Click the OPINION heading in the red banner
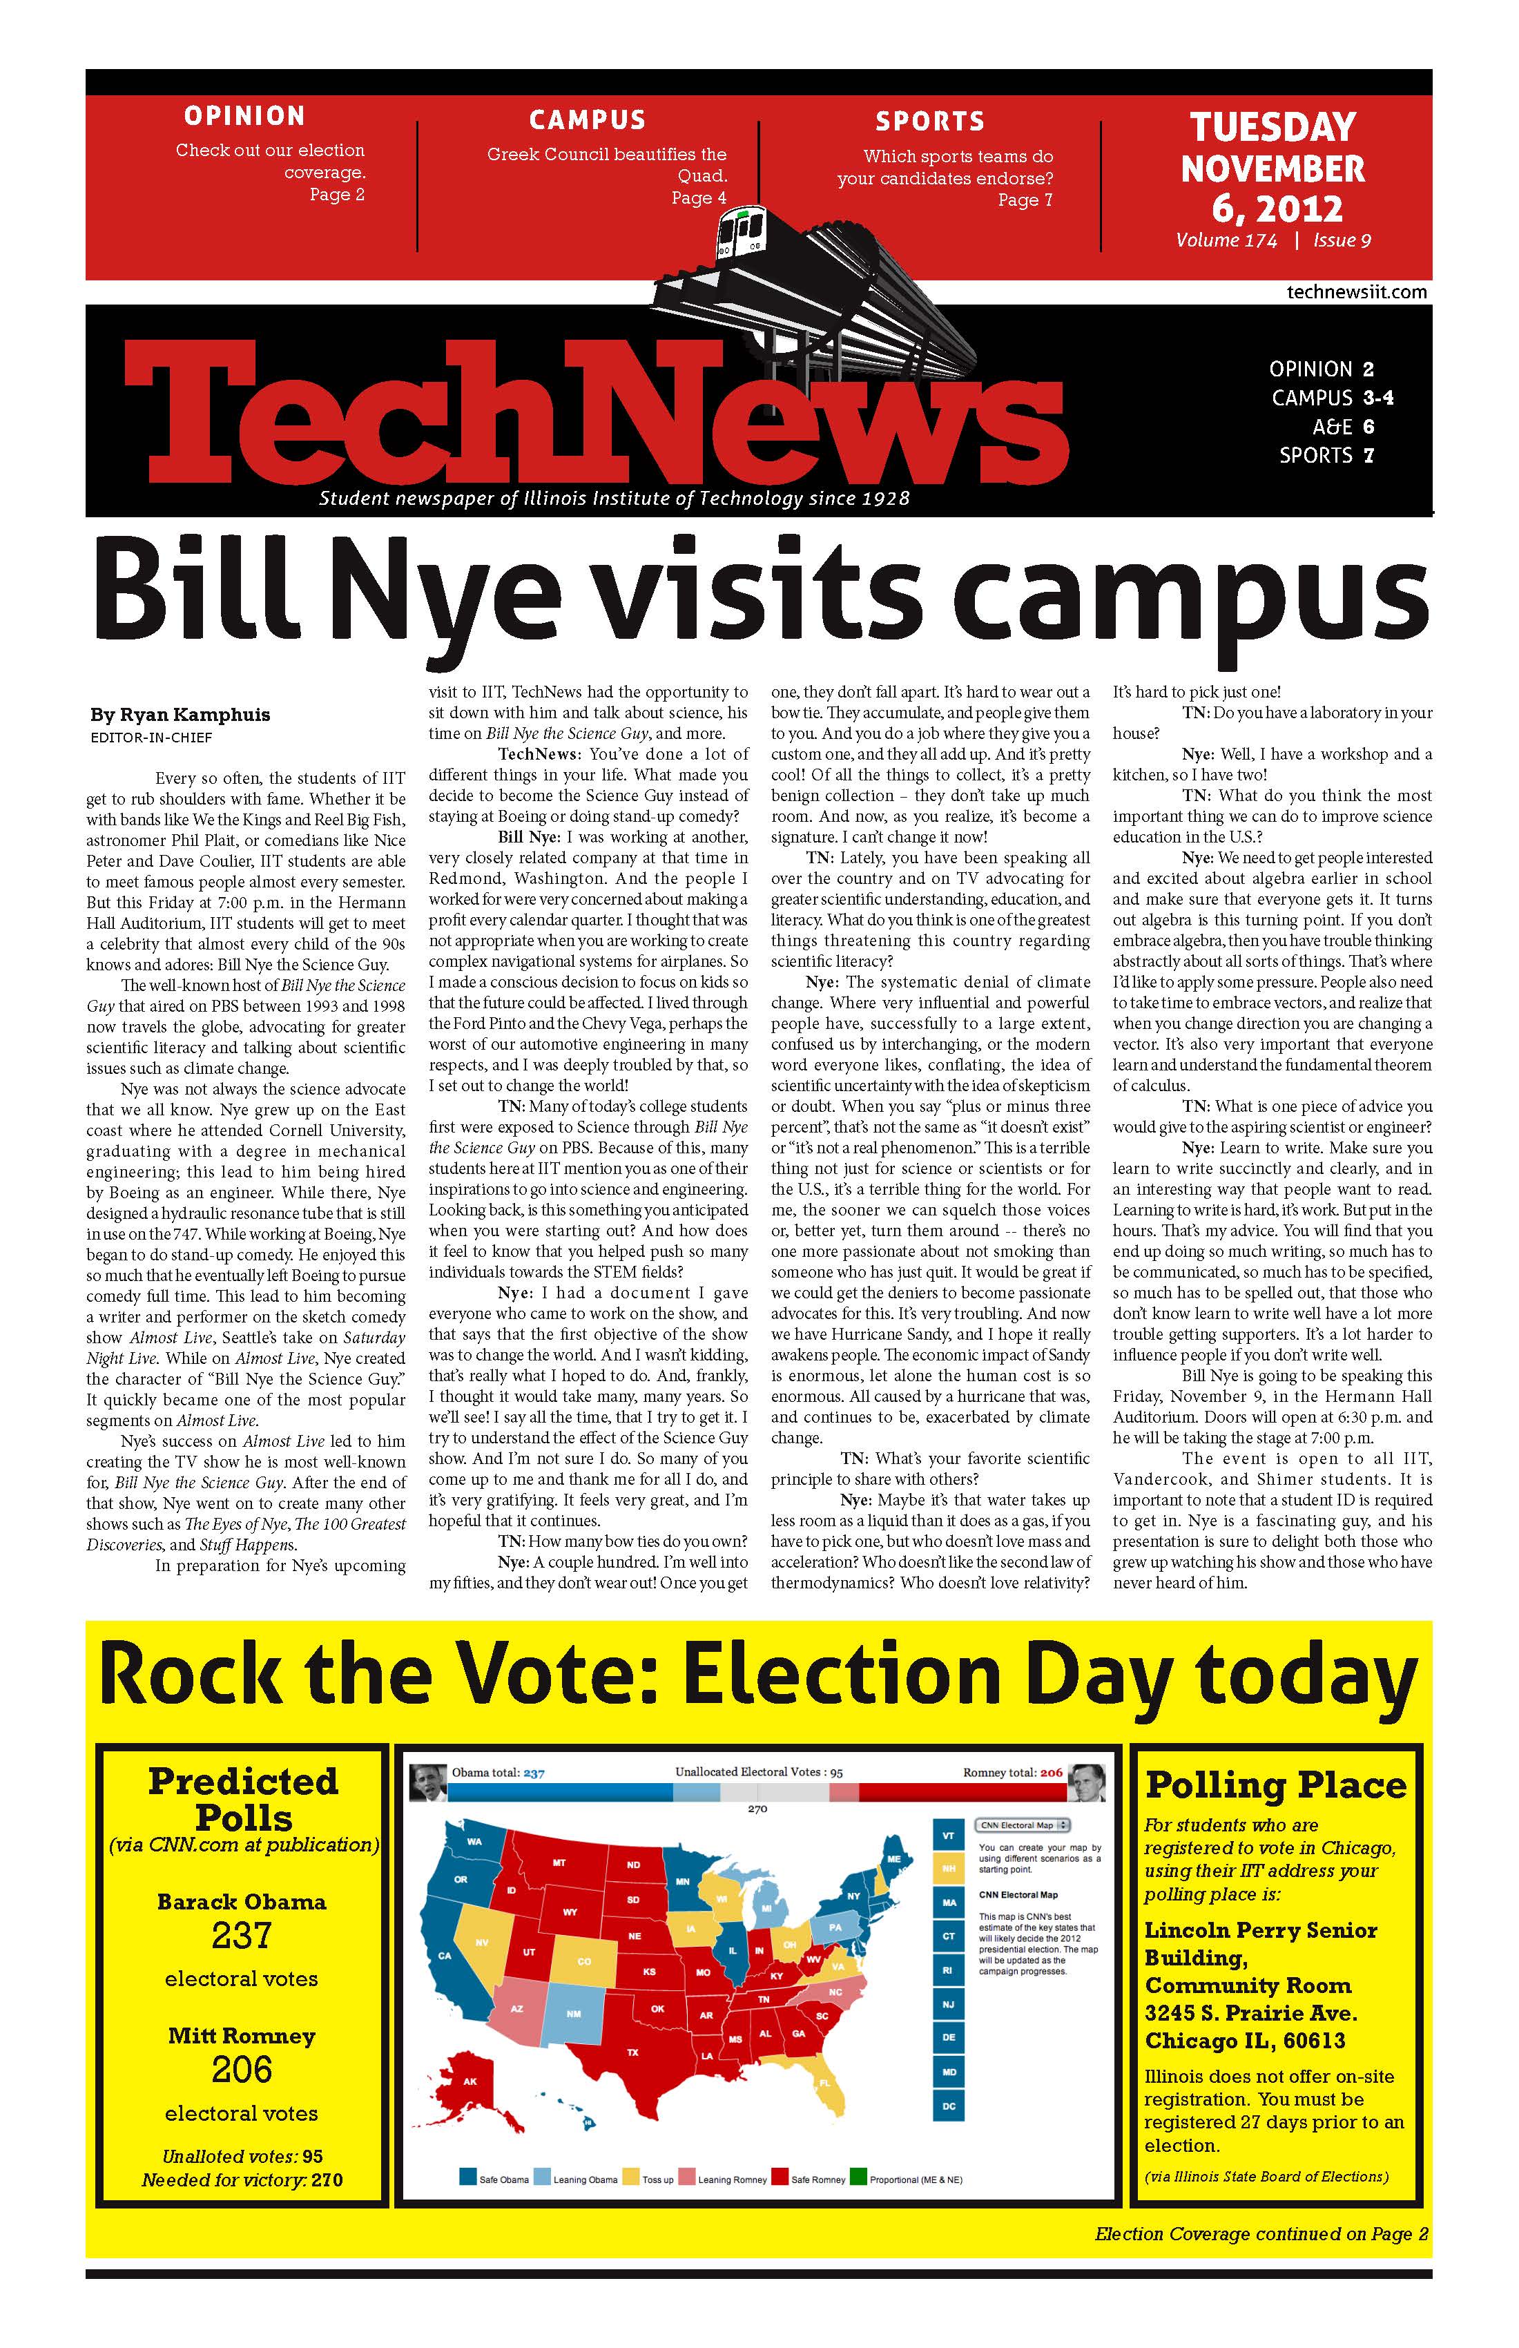tap(244, 117)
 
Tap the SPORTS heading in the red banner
tap(930, 122)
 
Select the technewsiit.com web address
tap(1356, 292)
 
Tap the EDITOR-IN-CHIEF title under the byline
tap(151, 737)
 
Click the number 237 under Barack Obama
tap(242, 1936)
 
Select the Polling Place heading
tap(1275, 1784)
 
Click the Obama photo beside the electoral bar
tap(427, 1779)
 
